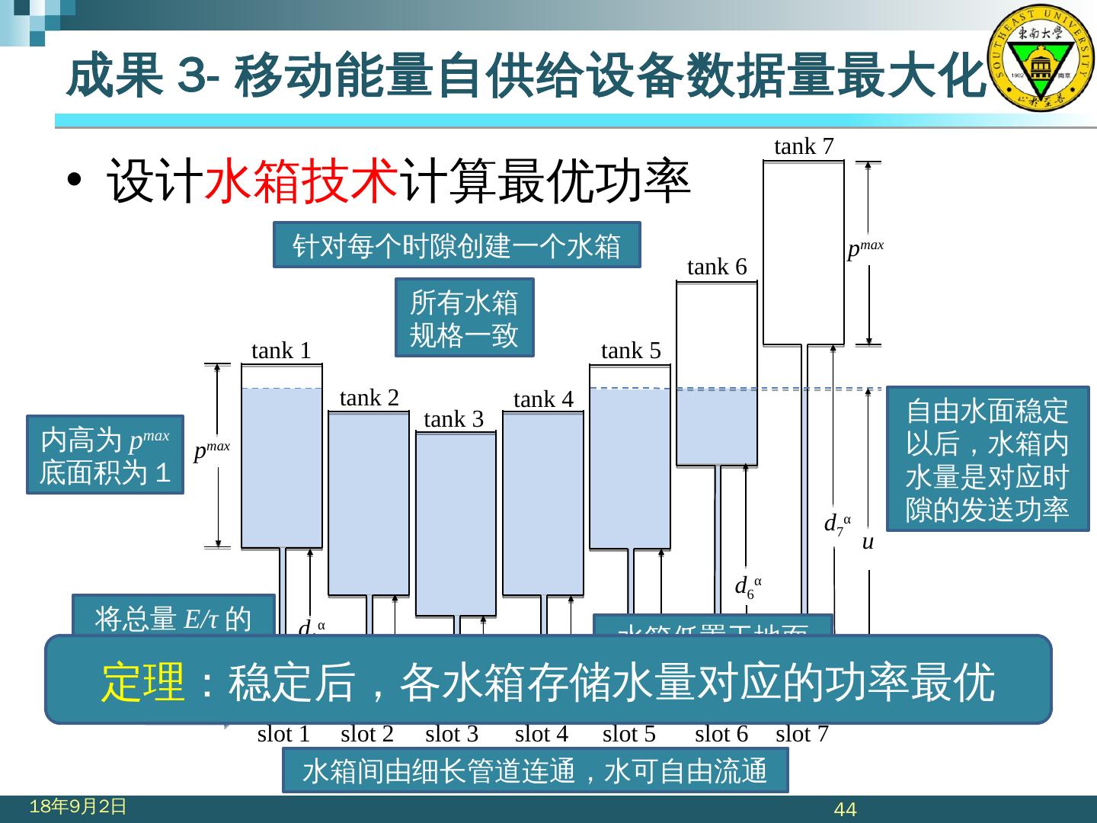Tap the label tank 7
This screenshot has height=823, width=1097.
tap(804, 146)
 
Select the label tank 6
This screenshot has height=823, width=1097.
tap(717, 267)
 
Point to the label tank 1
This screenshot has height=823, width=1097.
tap(281, 351)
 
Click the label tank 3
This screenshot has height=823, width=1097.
tap(453, 419)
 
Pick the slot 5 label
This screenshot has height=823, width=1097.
tap(628, 734)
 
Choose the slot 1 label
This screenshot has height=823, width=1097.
tap(283, 734)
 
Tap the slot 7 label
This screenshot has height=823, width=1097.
tap(801, 734)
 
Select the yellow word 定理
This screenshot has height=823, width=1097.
tap(144, 681)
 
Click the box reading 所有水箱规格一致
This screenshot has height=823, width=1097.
tap(464, 318)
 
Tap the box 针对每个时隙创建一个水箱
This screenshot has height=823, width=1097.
tap(456, 245)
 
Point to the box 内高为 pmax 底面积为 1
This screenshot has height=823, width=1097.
tap(105, 455)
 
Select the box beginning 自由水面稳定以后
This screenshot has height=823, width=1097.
tap(987, 459)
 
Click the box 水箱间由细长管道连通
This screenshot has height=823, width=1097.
tap(535, 770)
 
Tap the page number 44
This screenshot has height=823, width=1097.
tap(846, 809)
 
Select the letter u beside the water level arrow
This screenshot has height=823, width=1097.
tap(867, 543)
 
